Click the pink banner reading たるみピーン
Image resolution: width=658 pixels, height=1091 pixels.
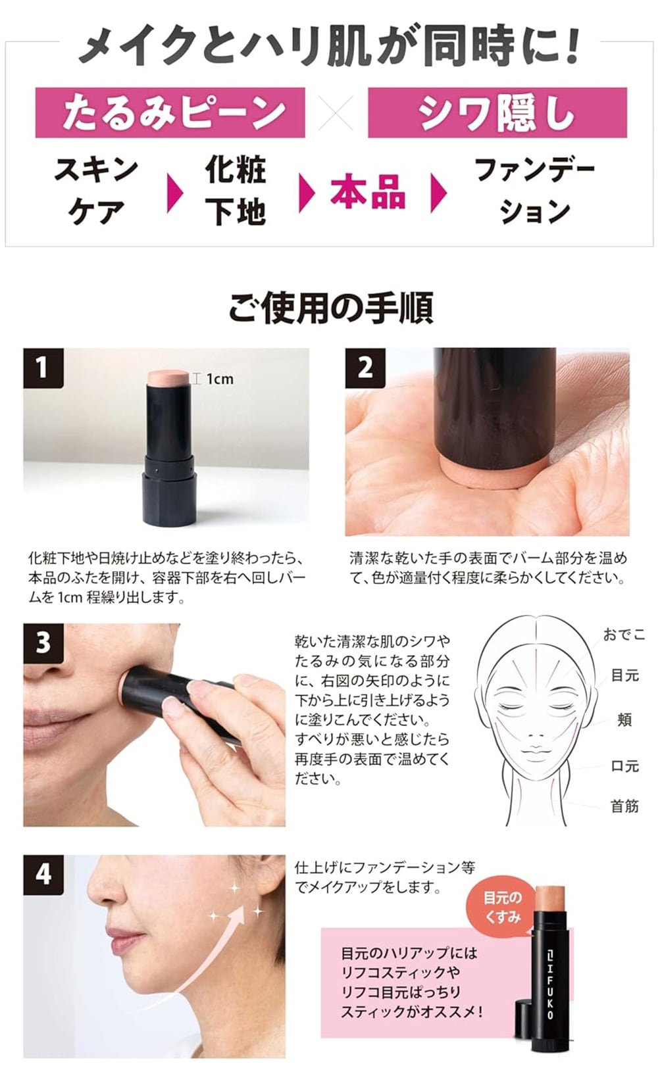click(x=170, y=112)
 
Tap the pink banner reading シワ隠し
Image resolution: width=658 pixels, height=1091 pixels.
click(x=497, y=112)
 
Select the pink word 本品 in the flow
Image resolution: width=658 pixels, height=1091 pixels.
click(x=368, y=191)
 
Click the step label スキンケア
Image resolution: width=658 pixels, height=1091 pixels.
click(x=96, y=191)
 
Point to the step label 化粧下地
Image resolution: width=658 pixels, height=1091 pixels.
click(x=236, y=191)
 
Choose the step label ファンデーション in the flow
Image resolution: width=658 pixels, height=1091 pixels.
click(x=535, y=191)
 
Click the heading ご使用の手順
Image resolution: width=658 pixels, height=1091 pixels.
click(x=331, y=308)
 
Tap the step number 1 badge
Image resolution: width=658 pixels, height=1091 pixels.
click(x=43, y=368)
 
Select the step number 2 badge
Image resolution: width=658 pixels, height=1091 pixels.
click(x=365, y=368)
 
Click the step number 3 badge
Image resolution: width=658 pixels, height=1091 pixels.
click(x=43, y=643)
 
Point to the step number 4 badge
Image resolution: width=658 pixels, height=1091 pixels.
click(x=43, y=875)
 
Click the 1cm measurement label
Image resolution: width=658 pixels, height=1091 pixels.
click(x=219, y=378)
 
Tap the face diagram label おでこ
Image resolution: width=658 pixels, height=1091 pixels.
click(x=624, y=634)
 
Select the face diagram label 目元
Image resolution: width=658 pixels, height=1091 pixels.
click(x=625, y=675)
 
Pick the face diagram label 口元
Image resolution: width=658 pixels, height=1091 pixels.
click(x=625, y=766)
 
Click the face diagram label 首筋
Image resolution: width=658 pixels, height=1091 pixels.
click(x=625, y=806)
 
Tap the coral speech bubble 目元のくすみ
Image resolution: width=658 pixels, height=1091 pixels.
click(x=502, y=907)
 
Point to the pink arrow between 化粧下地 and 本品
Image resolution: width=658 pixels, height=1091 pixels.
click(x=306, y=193)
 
